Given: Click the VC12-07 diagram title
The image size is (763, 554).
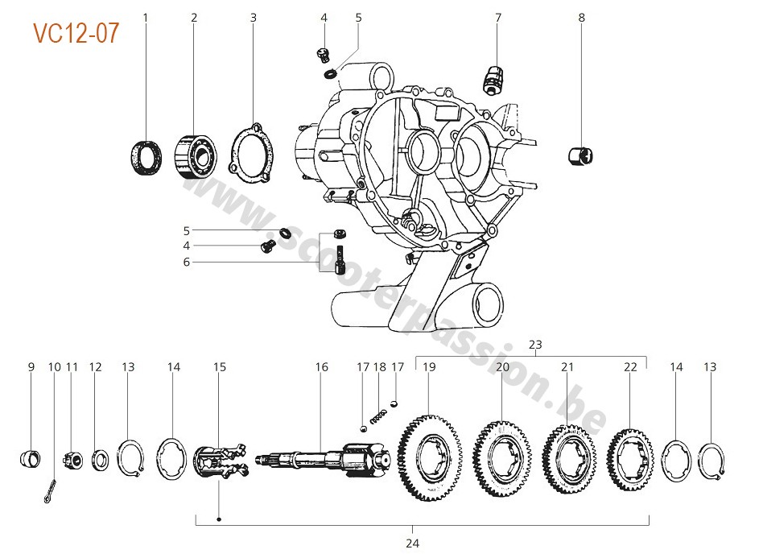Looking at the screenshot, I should (x=76, y=33).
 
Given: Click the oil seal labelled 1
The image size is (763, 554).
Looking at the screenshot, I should (x=146, y=155).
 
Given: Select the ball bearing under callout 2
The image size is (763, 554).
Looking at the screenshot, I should (x=195, y=155).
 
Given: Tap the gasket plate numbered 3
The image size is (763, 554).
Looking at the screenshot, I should (x=252, y=154).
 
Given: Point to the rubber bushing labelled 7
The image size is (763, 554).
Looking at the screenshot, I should (x=493, y=78).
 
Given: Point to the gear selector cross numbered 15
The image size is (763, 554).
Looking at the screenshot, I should (x=218, y=465).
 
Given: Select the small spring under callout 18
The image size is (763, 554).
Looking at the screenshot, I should (x=379, y=416).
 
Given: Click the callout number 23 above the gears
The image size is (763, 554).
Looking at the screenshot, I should (x=536, y=345).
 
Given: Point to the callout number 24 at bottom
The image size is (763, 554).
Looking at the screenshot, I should (x=412, y=544).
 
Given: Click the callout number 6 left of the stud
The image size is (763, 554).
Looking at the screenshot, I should (x=187, y=262).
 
